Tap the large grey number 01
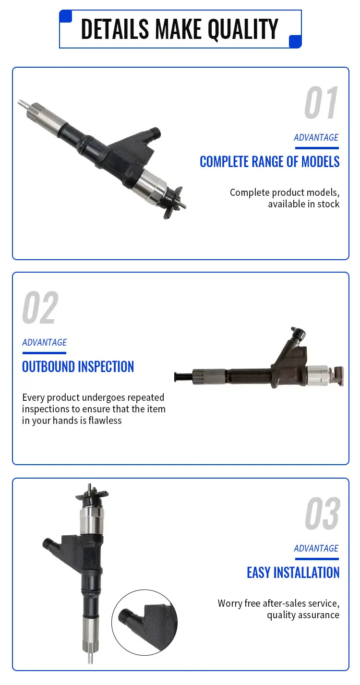[321, 103]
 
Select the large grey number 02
[40, 308]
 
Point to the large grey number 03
[322, 514]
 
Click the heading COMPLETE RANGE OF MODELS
[269, 162]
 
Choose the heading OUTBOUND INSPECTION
[78, 367]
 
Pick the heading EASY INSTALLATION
[293, 573]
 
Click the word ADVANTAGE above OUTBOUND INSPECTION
[44, 342]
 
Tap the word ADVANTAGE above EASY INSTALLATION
[316, 548]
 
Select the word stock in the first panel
[328, 204]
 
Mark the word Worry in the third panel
[229, 603]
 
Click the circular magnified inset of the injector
[144, 623]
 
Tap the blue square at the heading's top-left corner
[65, 16]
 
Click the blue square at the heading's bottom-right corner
[296, 42]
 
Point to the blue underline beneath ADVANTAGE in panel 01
[316, 148]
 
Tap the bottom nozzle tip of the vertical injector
[90, 659]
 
